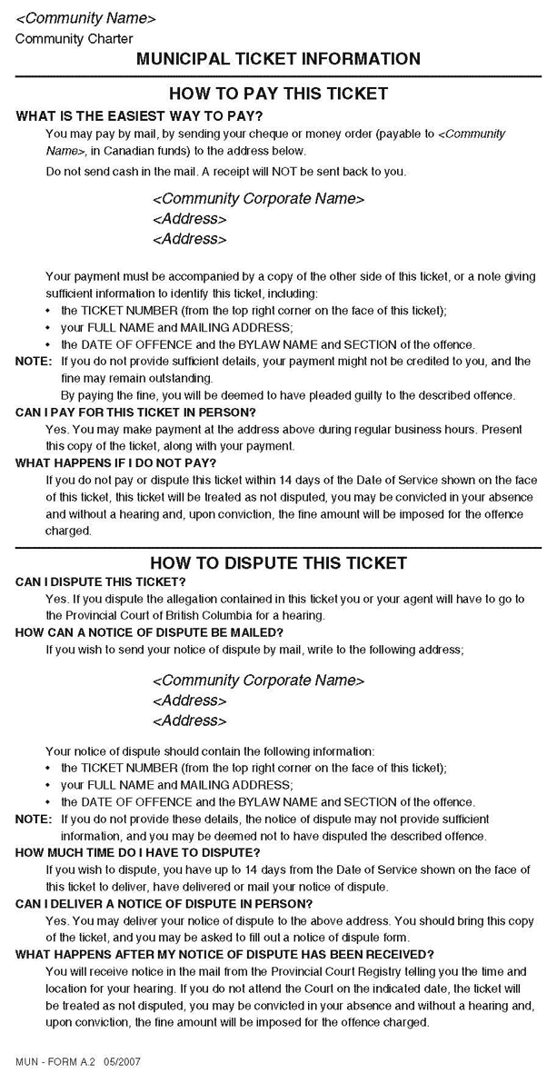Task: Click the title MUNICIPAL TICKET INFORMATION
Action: point(278,59)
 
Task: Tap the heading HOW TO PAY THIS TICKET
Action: point(278,94)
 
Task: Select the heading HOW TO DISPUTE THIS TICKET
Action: point(278,563)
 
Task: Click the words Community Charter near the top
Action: point(74,39)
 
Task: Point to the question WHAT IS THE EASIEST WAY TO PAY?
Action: point(140,115)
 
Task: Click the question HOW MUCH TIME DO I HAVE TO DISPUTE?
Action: point(138,852)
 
